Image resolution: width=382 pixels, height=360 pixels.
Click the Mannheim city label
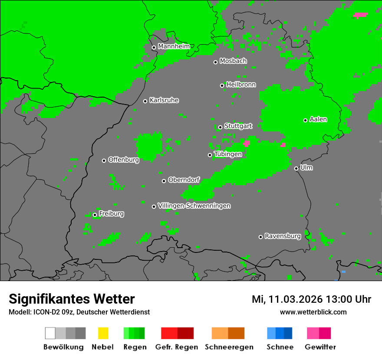click(174, 46)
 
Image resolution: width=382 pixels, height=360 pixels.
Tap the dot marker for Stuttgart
click(220, 127)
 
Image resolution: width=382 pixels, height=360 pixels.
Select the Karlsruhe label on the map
click(164, 100)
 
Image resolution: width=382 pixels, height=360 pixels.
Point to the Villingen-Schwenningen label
click(194, 206)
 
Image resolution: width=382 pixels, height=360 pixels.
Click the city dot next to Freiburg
click(95, 215)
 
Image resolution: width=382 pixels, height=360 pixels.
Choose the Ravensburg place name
click(283, 236)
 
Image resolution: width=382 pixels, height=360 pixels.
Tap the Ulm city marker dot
click(296, 168)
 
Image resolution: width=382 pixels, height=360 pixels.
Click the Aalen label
click(318, 119)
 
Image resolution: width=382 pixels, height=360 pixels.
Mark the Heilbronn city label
click(241, 85)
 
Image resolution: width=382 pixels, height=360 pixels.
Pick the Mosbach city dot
click(215, 62)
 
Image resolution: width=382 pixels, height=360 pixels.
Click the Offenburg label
click(123, 160)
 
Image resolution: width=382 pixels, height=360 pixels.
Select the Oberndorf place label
click(184, 180)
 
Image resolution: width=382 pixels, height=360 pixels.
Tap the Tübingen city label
click(228, 154)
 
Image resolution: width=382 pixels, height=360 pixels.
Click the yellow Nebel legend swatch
click(103, 333)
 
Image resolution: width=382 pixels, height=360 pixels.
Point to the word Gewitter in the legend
click(320, 347)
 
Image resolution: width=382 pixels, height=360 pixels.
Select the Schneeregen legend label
click(229, 347)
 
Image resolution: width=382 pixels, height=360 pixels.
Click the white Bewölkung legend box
click(50, 333)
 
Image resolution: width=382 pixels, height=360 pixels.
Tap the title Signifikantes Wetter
click(72, 299)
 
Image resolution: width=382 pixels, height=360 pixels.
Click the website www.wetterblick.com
click(313, 312)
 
